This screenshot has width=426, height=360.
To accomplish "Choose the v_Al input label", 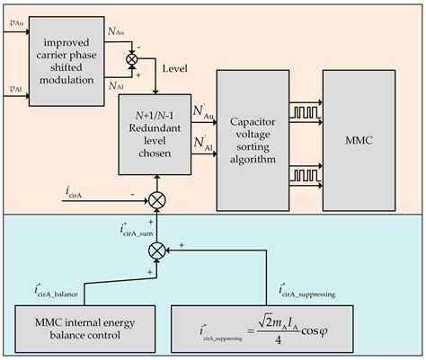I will [14, 89].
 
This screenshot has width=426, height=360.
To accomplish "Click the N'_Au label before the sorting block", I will [204, 113].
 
